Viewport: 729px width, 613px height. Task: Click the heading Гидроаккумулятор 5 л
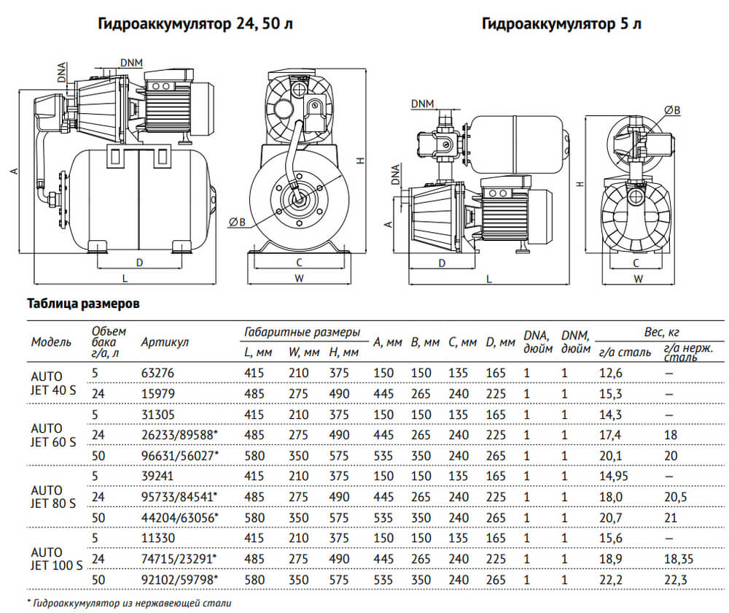561,24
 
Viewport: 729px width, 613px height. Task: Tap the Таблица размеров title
82,304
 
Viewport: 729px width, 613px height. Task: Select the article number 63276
157,373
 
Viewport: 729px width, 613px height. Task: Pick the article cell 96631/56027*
179,455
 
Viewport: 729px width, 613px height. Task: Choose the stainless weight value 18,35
679,559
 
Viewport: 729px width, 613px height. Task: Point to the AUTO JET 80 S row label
48,497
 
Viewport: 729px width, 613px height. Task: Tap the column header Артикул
165,342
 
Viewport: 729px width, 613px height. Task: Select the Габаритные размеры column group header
302,332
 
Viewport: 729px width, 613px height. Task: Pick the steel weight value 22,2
610,579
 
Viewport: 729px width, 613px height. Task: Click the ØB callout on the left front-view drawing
235,223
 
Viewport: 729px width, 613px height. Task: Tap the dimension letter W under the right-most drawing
638,278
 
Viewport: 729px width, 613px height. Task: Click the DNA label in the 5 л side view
394,177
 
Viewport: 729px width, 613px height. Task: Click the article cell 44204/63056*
179,517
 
